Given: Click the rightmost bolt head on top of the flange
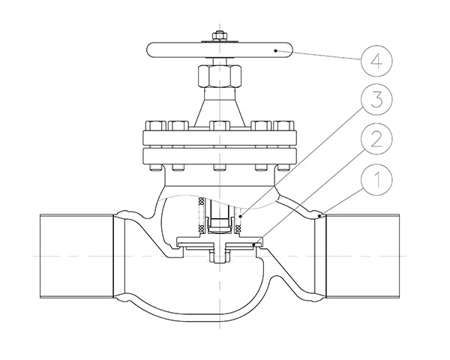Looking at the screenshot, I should tap(284, 125).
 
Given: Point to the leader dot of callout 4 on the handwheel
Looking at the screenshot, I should tap(277, 50).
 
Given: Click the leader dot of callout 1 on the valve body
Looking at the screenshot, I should tap(319, 216).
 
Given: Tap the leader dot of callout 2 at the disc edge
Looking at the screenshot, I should tap(255, 243).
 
